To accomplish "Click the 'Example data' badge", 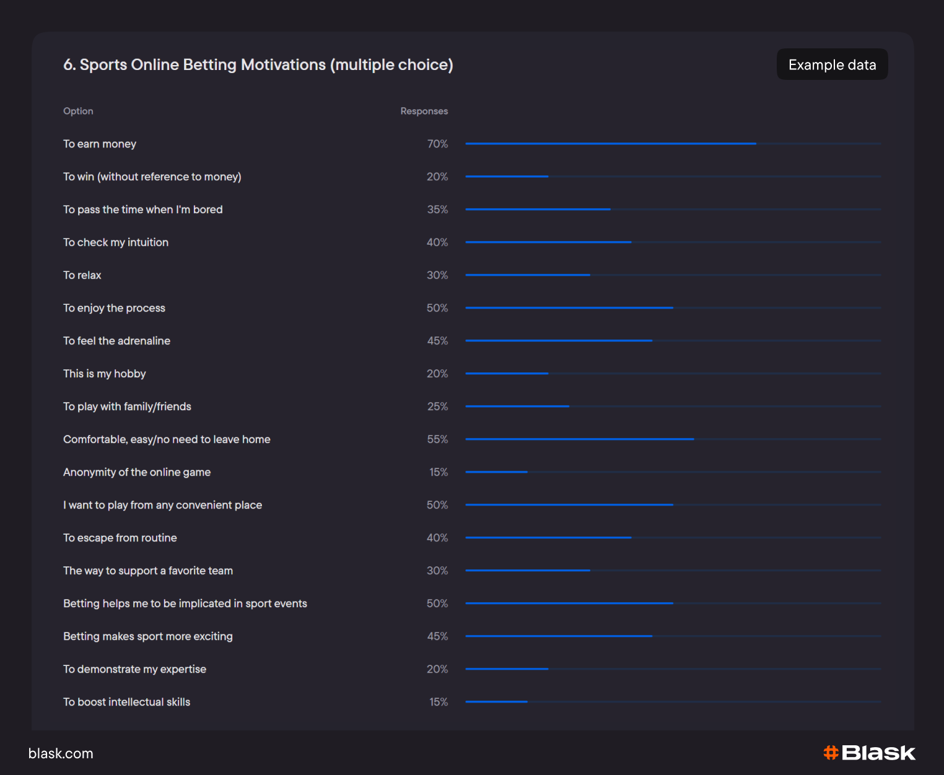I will pos(832,64).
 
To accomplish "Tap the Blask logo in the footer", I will pos(869,753).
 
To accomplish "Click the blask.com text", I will pos(61,753).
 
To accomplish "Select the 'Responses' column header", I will pos(424,111).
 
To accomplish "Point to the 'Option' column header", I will pos(78,111).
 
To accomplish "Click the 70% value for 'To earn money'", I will pos(437,144).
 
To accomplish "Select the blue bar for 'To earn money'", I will pos(610,144).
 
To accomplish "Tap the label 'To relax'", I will pos(82,275).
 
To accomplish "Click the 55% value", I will pos(437,439).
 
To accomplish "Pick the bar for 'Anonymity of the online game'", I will pos(496,472).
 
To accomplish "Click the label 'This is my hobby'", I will pos(105,374).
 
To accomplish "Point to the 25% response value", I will pos(437,406).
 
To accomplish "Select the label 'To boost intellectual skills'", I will pos(126,702).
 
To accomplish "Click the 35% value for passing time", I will pos(437,209).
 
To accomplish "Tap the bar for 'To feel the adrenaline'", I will pos(558,341).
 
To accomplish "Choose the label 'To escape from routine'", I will pos(120,538).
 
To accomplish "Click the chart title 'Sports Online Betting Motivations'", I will pos(258,64).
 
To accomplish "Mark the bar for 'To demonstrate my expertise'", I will pos(507,669).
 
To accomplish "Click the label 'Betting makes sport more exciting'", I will pos(148,636).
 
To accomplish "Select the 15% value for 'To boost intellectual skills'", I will pos(439,702).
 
